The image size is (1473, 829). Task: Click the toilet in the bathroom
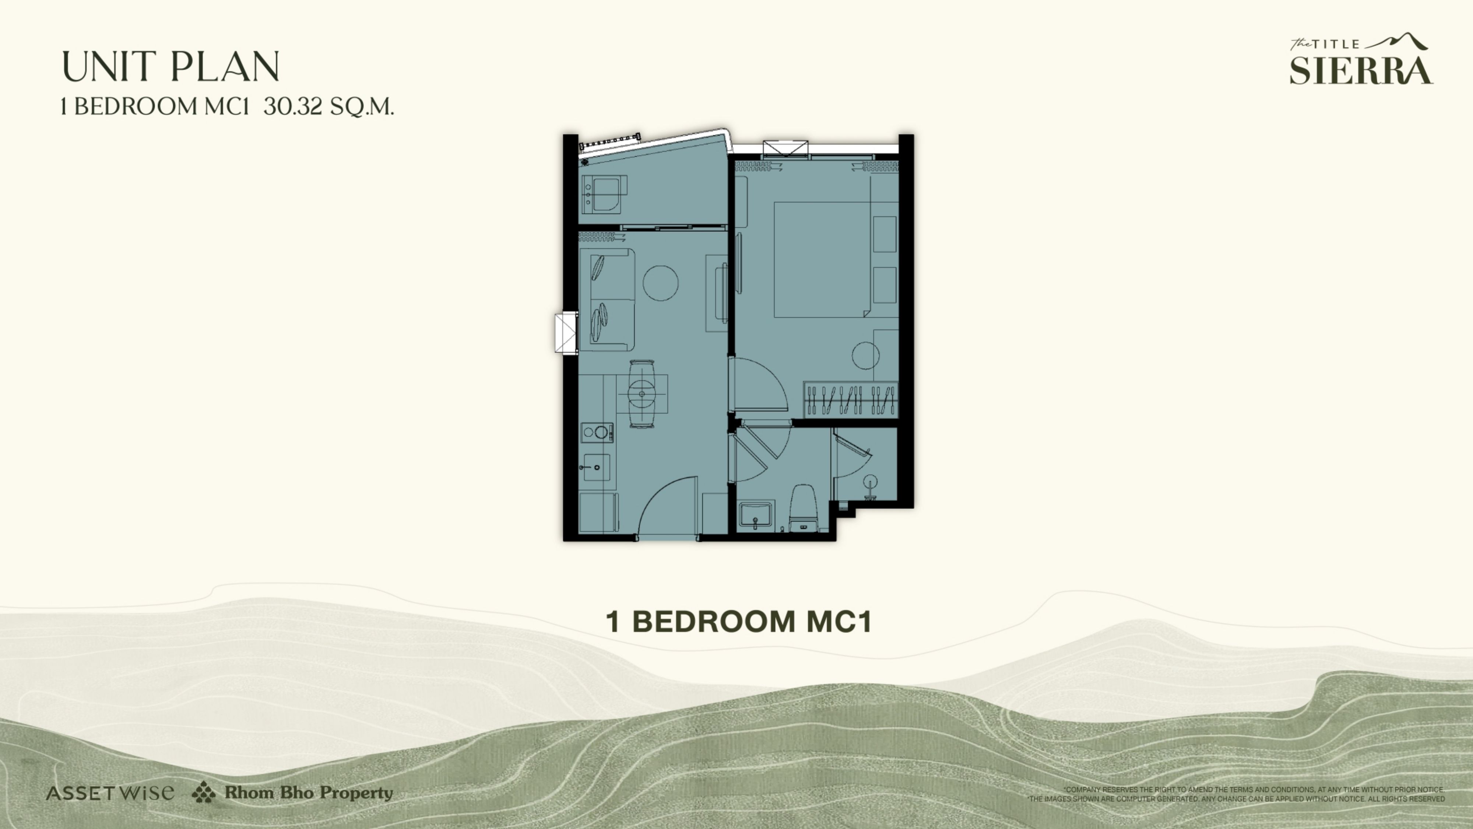pyautogui.click(x=804, y=508)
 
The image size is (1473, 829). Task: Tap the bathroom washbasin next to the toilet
pyautogui.click(x=755, y=514)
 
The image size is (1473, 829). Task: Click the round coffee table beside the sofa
pyautogui.click(x=660, y=283)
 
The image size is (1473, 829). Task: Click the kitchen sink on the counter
pyautogui.click(x=595, y=468)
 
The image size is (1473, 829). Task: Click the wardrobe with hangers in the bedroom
pyautogui.click(x=850, y=399)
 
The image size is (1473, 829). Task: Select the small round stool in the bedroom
pyautogui.click(x=865, y=355)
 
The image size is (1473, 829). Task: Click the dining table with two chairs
pyautogui.click(x=642, y=393)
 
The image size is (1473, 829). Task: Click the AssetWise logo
pyautogui.click(x=110, y=793)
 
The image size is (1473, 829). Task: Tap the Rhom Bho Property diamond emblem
pyautogui.click(x=204, y=793)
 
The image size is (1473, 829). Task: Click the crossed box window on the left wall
pyautogui.click(x=566, y=332)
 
